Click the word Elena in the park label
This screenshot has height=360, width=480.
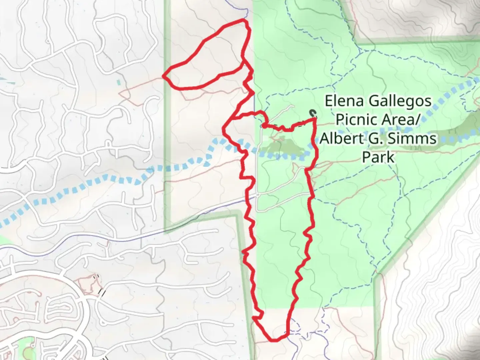click(339, 101)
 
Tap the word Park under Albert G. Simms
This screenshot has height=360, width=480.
click(378, 156)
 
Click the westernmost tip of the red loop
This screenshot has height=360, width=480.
click(164, 76)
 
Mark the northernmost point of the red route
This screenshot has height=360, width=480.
click(245, 20)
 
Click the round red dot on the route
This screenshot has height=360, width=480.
click(264, 126)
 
